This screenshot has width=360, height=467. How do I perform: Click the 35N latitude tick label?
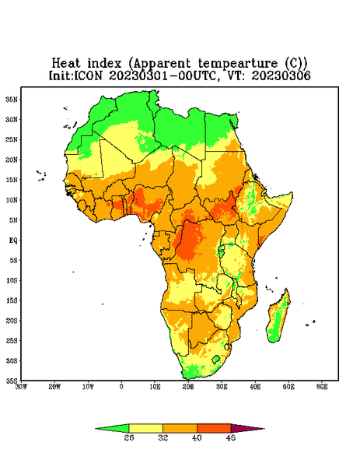pos(12,99)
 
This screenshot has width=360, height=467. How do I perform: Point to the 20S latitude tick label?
pos(12,321)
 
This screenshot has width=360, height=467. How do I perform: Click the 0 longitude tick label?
pos(121,387)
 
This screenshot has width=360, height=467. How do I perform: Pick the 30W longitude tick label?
pos(21,387)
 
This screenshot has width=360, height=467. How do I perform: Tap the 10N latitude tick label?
pos(12,200)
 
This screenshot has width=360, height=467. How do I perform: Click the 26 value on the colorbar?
pos(129,437)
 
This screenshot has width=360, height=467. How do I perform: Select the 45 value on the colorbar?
pos(231,437)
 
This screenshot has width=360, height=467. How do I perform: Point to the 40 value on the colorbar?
pos(197,437)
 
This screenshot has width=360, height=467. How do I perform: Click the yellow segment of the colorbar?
pos(145,428)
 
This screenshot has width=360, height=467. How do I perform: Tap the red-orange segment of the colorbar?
pos(214,428)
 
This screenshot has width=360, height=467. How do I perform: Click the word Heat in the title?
pos(66,64)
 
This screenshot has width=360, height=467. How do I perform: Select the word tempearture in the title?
pos(238,64)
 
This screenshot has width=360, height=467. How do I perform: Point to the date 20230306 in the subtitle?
pos(281,75)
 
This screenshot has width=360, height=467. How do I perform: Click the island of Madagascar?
pos(279,318)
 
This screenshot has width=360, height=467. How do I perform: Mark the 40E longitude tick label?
pos(255,387)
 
